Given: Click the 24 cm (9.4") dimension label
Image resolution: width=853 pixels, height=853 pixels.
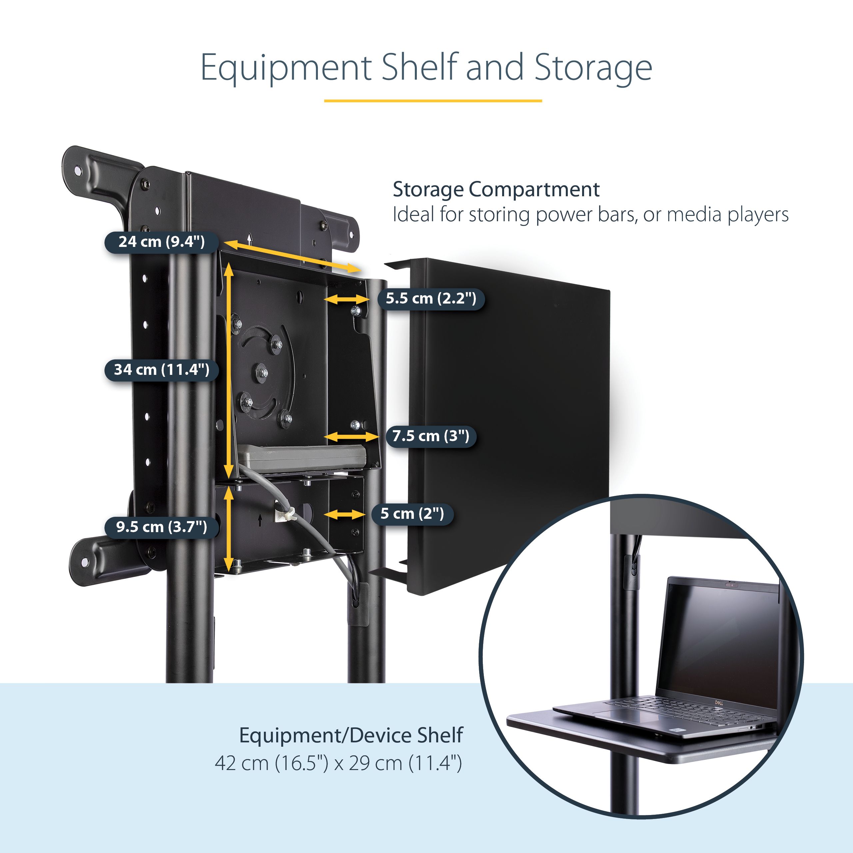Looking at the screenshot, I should click(x=162, y=242).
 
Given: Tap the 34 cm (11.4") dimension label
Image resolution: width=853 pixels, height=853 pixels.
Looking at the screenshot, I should click(x=162, y=370).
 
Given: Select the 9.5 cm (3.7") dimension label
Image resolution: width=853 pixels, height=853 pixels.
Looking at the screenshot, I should click(x=162, y=527).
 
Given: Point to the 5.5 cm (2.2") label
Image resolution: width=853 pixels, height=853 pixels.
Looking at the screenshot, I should click(x=431, y=299).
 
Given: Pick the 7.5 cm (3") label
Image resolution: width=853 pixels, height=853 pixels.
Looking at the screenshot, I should click(x=430, y=436).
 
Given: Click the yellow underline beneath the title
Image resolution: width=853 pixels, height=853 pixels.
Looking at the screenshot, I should click(x=433, y=101).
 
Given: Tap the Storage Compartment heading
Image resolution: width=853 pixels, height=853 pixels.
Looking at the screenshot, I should click(x=496, y=189).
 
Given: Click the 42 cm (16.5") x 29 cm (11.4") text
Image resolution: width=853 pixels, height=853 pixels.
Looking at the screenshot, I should click(x=338, y=763).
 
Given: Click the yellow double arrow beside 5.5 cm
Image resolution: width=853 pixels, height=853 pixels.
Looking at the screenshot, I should click(x=347, y=299).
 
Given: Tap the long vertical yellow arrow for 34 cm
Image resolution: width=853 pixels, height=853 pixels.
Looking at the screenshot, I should click(x=229, y=371).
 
